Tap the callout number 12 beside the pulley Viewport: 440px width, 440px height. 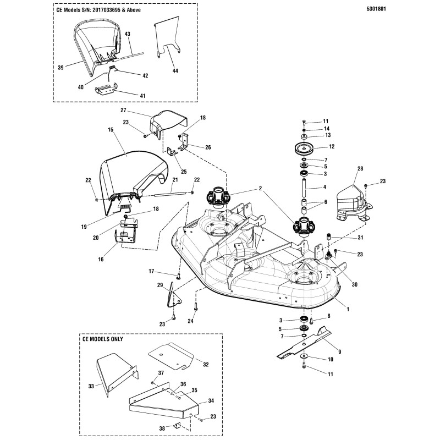(332, 147)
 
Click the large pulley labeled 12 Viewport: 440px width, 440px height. (305, 149)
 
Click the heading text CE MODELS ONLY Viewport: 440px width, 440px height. (101, 339)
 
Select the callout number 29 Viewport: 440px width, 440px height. (159, 285)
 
